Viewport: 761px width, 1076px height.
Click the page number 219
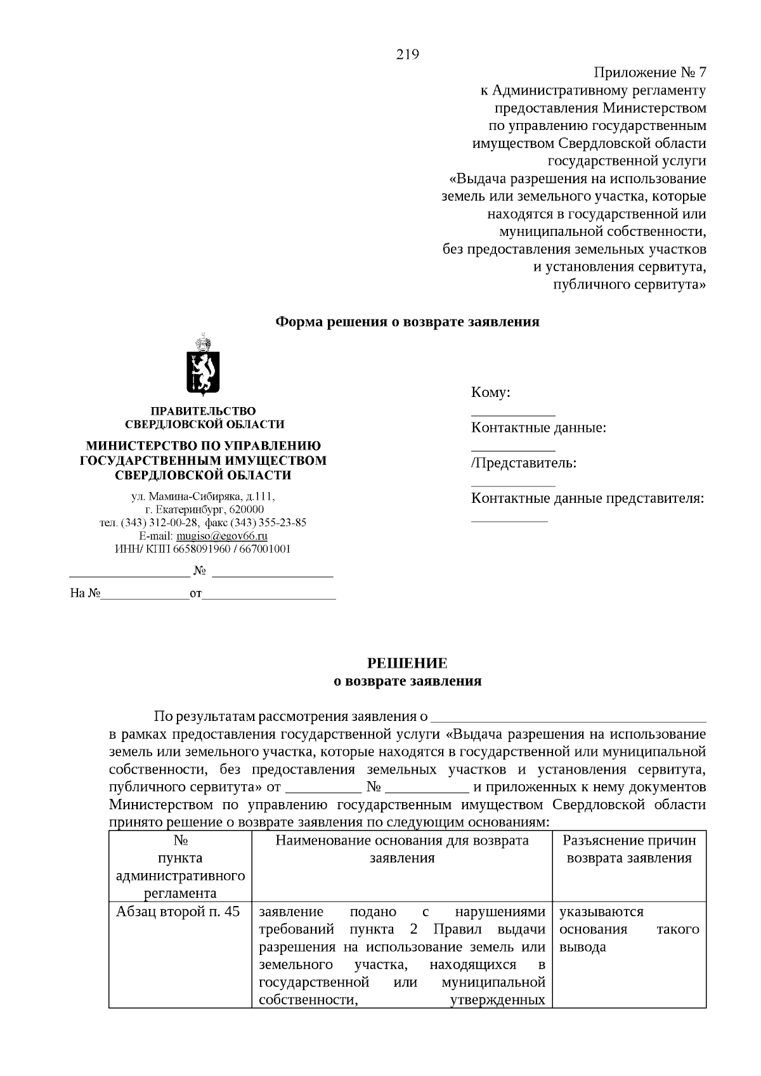pos(407,55)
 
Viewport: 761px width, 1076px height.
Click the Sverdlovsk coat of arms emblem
pos(203,365)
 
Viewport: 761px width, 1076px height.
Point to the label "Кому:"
pos(490,392)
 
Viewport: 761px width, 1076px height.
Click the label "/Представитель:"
pos(523,463)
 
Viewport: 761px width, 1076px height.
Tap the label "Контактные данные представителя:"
pos(587,498)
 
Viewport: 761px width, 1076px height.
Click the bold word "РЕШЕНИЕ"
pos(407,663)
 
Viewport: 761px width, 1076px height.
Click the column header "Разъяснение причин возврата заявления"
pos(629,850)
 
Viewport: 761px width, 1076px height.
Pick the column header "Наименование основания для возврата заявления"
pos(402,850)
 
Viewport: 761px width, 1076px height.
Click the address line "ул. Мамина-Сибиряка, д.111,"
pos(198,496)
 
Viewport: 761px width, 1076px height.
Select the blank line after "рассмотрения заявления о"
pos(568,718)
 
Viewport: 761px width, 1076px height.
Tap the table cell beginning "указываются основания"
pos(628,930)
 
